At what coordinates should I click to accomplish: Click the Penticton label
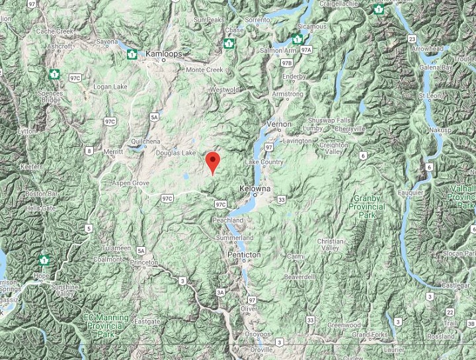(x=244, y=254)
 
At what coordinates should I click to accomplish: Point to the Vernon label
(x=278, y=124)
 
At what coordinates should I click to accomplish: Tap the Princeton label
(x=144, y=262)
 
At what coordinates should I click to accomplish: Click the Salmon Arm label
(x=278, y=50)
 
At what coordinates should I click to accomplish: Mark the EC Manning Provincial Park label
(x=106, y=322)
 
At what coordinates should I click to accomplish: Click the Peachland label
(x=227, y=220)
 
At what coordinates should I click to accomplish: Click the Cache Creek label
(x=54, y=31)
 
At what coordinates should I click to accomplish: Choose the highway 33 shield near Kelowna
(x=282, y=199)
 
